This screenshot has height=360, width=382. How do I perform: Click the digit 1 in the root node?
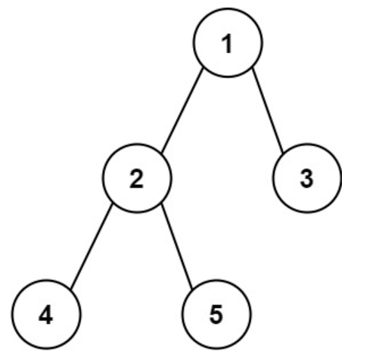pyautogui.click(x=228, y=44)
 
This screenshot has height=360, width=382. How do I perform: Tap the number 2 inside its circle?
pyautogui.click(x=136, y=178)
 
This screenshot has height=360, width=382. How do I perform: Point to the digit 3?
pyautogui.click(x=306, y=178)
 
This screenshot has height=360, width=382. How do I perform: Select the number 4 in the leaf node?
pyautogui.click(x=45, y=315)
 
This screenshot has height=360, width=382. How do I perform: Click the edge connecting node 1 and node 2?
pyautogui.click(x=182, y=110)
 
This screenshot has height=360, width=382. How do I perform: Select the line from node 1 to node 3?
pyautogui.click(x=268, y=110)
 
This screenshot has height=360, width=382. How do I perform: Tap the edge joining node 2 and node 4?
pyautogui.click(x=92, y=247)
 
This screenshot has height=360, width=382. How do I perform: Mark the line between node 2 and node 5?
pyautogui.click(x=177, y=246)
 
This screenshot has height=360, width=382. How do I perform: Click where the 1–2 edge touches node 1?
pyautogui.click(x=203, y=68)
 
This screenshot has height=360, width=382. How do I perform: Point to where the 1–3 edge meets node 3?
pyautogui.click(x=284, y=153)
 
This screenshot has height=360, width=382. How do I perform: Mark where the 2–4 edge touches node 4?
pyautogui.click(x=71, y=289)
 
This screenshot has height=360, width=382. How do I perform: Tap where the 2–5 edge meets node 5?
pyautogui.click(x=193, y=289)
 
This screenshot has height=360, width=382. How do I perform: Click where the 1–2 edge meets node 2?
pyautogui.click(x=162, y=153)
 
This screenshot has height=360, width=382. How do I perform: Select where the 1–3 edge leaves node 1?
pyautogui.click(x=253, y=68)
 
